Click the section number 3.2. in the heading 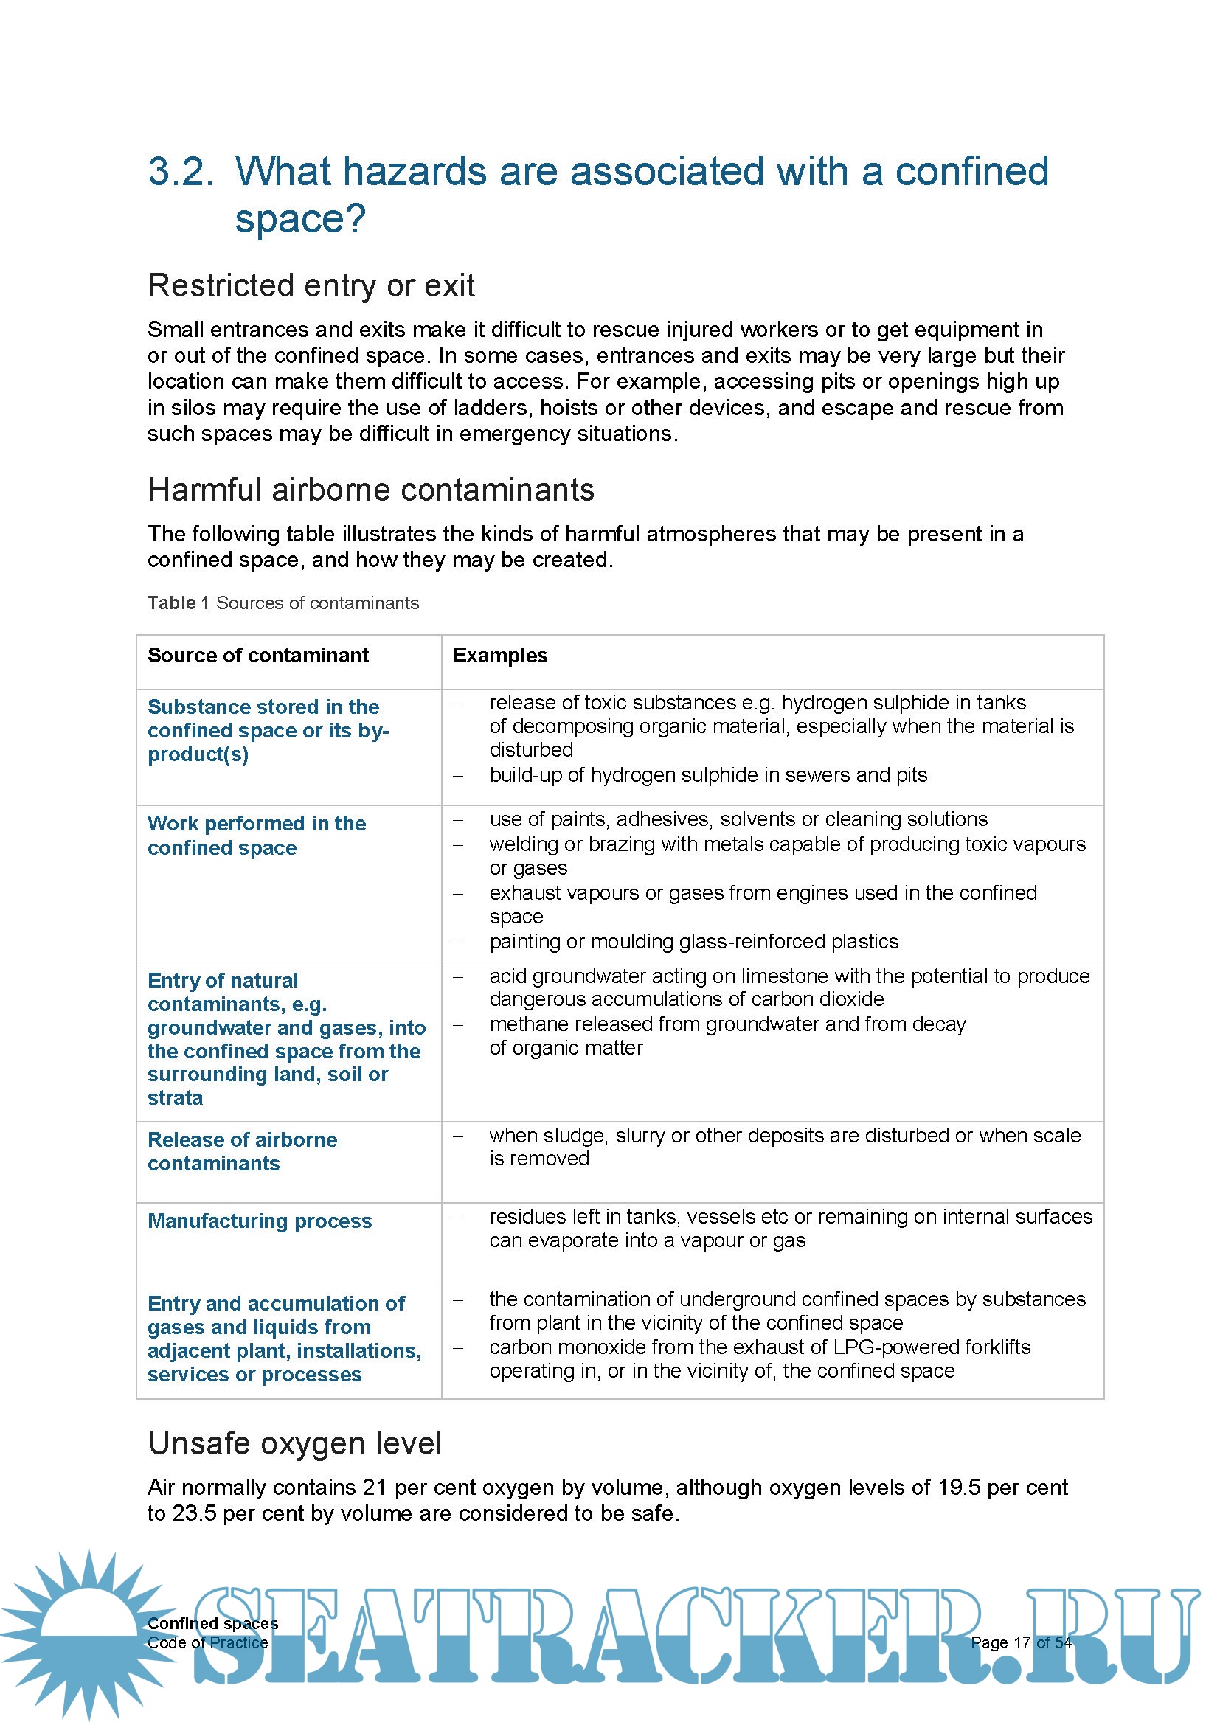(180, 171)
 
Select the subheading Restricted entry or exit (311, 285)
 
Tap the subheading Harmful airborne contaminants (371, 490)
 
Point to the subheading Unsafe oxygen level (294, 1443)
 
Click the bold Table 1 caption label (178, 603)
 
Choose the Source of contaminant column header (257, 655)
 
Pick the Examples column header (499, 655)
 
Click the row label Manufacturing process (259, 1221)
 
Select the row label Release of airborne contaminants (242, 1151)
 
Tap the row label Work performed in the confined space (256, 836)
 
